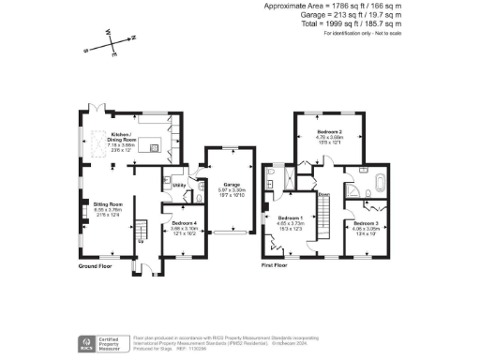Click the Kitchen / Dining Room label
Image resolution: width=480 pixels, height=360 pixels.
point(123,139)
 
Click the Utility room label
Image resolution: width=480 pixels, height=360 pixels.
point(176,186)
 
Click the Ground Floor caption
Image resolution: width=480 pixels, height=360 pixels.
point(96,266)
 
